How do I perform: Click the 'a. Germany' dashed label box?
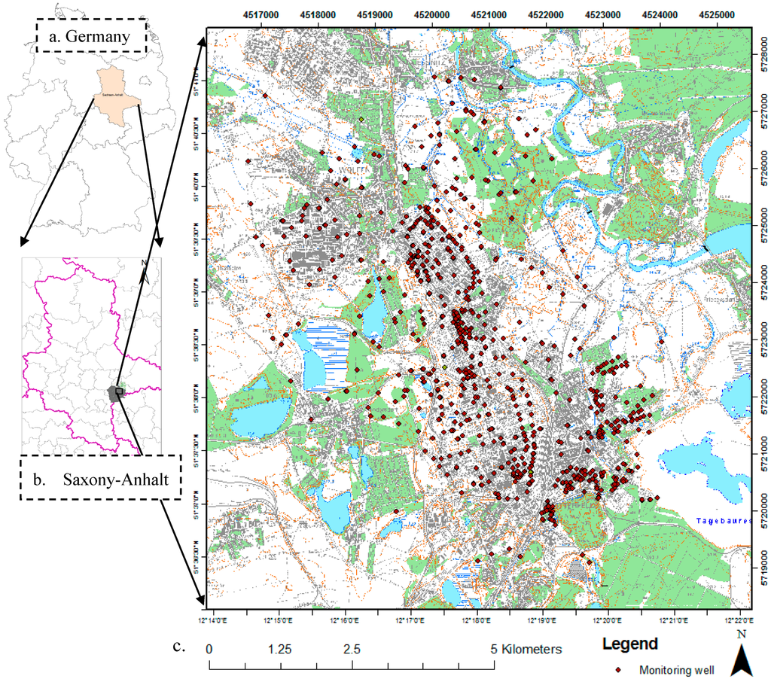[91, 35]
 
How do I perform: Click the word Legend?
[629, 644]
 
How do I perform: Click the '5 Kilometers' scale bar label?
[526, 648]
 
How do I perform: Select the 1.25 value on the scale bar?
[279, 648]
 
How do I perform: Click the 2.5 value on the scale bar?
[352, 648]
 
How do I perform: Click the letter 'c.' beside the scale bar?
[178, 646]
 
